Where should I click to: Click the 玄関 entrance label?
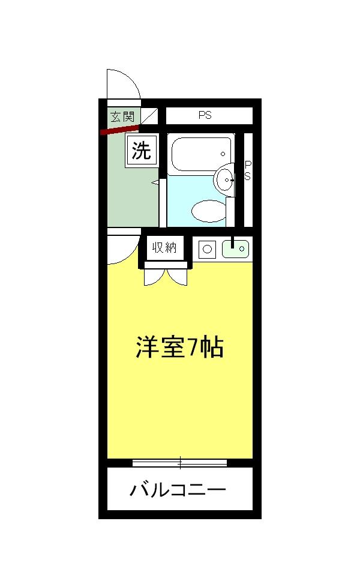122,116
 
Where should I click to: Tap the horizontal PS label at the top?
205,116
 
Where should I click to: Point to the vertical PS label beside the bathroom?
247,170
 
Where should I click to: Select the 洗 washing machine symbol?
142,151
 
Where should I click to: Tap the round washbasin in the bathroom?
225,178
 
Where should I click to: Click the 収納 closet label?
164,247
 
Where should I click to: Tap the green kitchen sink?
236,248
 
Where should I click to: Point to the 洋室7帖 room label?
179,348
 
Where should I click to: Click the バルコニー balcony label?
178,490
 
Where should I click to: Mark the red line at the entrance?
120,128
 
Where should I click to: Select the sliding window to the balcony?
179,462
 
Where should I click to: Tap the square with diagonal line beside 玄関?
150,116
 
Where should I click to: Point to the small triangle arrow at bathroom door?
155,182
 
